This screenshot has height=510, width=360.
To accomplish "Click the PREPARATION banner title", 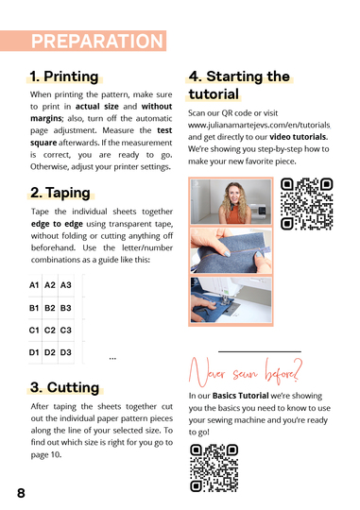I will click(x=97, y=41).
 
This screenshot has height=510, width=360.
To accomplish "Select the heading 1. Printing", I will click(x=63, y=76).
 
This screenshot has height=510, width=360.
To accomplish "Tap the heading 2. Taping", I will click(x=60, y=193).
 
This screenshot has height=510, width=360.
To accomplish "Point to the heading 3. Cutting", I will click(x=64, y=387).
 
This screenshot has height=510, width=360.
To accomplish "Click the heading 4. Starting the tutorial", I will click(x=239, y=85).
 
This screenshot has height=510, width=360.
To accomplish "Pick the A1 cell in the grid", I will click(x=34, y=284).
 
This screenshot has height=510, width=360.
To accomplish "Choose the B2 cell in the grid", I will click(x=50, y=308).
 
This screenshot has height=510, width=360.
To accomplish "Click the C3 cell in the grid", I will click(x=65, y=331).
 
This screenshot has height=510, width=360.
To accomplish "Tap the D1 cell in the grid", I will click(x=34, y=353).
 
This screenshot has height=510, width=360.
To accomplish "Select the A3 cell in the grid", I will click(x=65, y=284).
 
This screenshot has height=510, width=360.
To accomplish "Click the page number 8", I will click(x=21, y=493).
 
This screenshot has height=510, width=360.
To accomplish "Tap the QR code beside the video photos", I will click(x=308, y=204).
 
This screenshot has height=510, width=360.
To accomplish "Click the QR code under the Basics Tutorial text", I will click(x=214, y=467).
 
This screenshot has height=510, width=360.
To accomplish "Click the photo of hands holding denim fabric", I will click(x=231, y=250).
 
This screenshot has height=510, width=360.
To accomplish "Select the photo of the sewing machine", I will click(x=231, y=299).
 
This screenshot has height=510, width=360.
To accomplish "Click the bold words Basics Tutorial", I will click(x=236, y=396).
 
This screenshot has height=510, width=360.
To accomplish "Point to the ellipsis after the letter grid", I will click(x=112, y=358).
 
